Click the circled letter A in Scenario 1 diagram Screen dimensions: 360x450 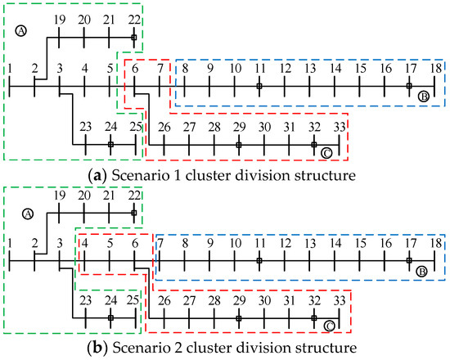(x=21, y=31)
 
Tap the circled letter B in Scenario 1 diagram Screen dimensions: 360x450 (x=423, y=97)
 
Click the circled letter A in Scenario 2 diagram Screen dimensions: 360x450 (x=26, y=214)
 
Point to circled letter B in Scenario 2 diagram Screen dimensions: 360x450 (x=423, y=272)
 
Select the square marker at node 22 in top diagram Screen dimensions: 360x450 (x=134, y=37)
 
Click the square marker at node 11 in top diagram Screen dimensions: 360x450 (x=259, y=86)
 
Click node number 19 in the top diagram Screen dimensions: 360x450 (x=60, y=18)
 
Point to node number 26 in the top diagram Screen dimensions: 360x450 (x=164, y=127)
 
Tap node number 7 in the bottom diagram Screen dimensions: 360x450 (x=160, y=243)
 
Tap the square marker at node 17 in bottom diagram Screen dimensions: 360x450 (x=409, y=261)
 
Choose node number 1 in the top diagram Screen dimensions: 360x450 (x=10, y=69)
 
